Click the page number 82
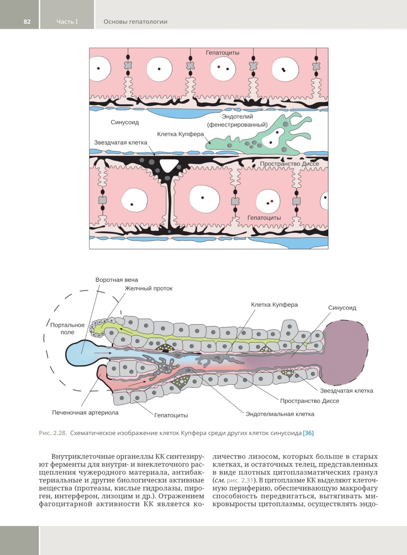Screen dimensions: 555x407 pos(27,22)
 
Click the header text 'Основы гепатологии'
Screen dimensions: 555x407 pos(135,22)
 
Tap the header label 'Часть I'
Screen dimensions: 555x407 pos(67,22)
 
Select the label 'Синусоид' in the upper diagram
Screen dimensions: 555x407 pos(125,122)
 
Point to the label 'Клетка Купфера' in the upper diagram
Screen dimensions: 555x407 pos(180,134)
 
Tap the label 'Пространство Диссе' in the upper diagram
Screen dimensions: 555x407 pos(289,164)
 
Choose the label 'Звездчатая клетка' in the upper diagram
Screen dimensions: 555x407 pos(120,142)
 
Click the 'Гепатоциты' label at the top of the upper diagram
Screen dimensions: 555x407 pos(222,52)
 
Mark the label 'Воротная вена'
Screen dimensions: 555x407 pos(116,280)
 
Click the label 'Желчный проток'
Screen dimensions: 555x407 pos(149,288)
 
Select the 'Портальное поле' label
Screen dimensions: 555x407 pos(68,328)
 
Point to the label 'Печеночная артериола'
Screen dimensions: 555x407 pos(85,413)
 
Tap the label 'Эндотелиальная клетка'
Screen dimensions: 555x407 pos(280,414)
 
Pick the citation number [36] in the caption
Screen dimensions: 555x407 pos(308,433)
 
